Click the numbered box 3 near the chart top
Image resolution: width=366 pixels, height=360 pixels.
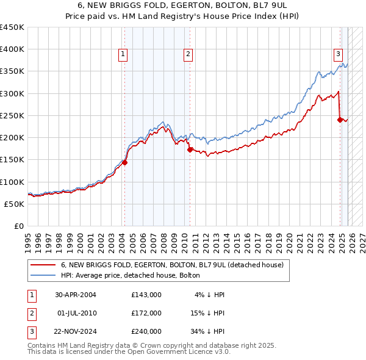click(x=337, y=54)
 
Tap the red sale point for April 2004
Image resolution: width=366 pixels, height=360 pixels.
click(x=124, y=163)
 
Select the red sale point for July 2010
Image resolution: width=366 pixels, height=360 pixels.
click(x=190, y=149)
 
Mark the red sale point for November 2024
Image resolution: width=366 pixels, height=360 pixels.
click(x=340, y=120)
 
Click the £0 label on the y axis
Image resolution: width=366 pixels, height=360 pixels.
click(x=19, y=226)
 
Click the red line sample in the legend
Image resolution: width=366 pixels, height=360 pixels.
click(x=43, y=265)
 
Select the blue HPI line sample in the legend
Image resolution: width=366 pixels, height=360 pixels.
click(x=43, y=275)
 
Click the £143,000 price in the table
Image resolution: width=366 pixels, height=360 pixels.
click(x=146, y=295)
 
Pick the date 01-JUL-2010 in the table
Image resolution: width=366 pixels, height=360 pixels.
click(x=76, y=313)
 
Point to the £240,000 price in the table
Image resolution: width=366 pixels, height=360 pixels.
click(x=146, y=331)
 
